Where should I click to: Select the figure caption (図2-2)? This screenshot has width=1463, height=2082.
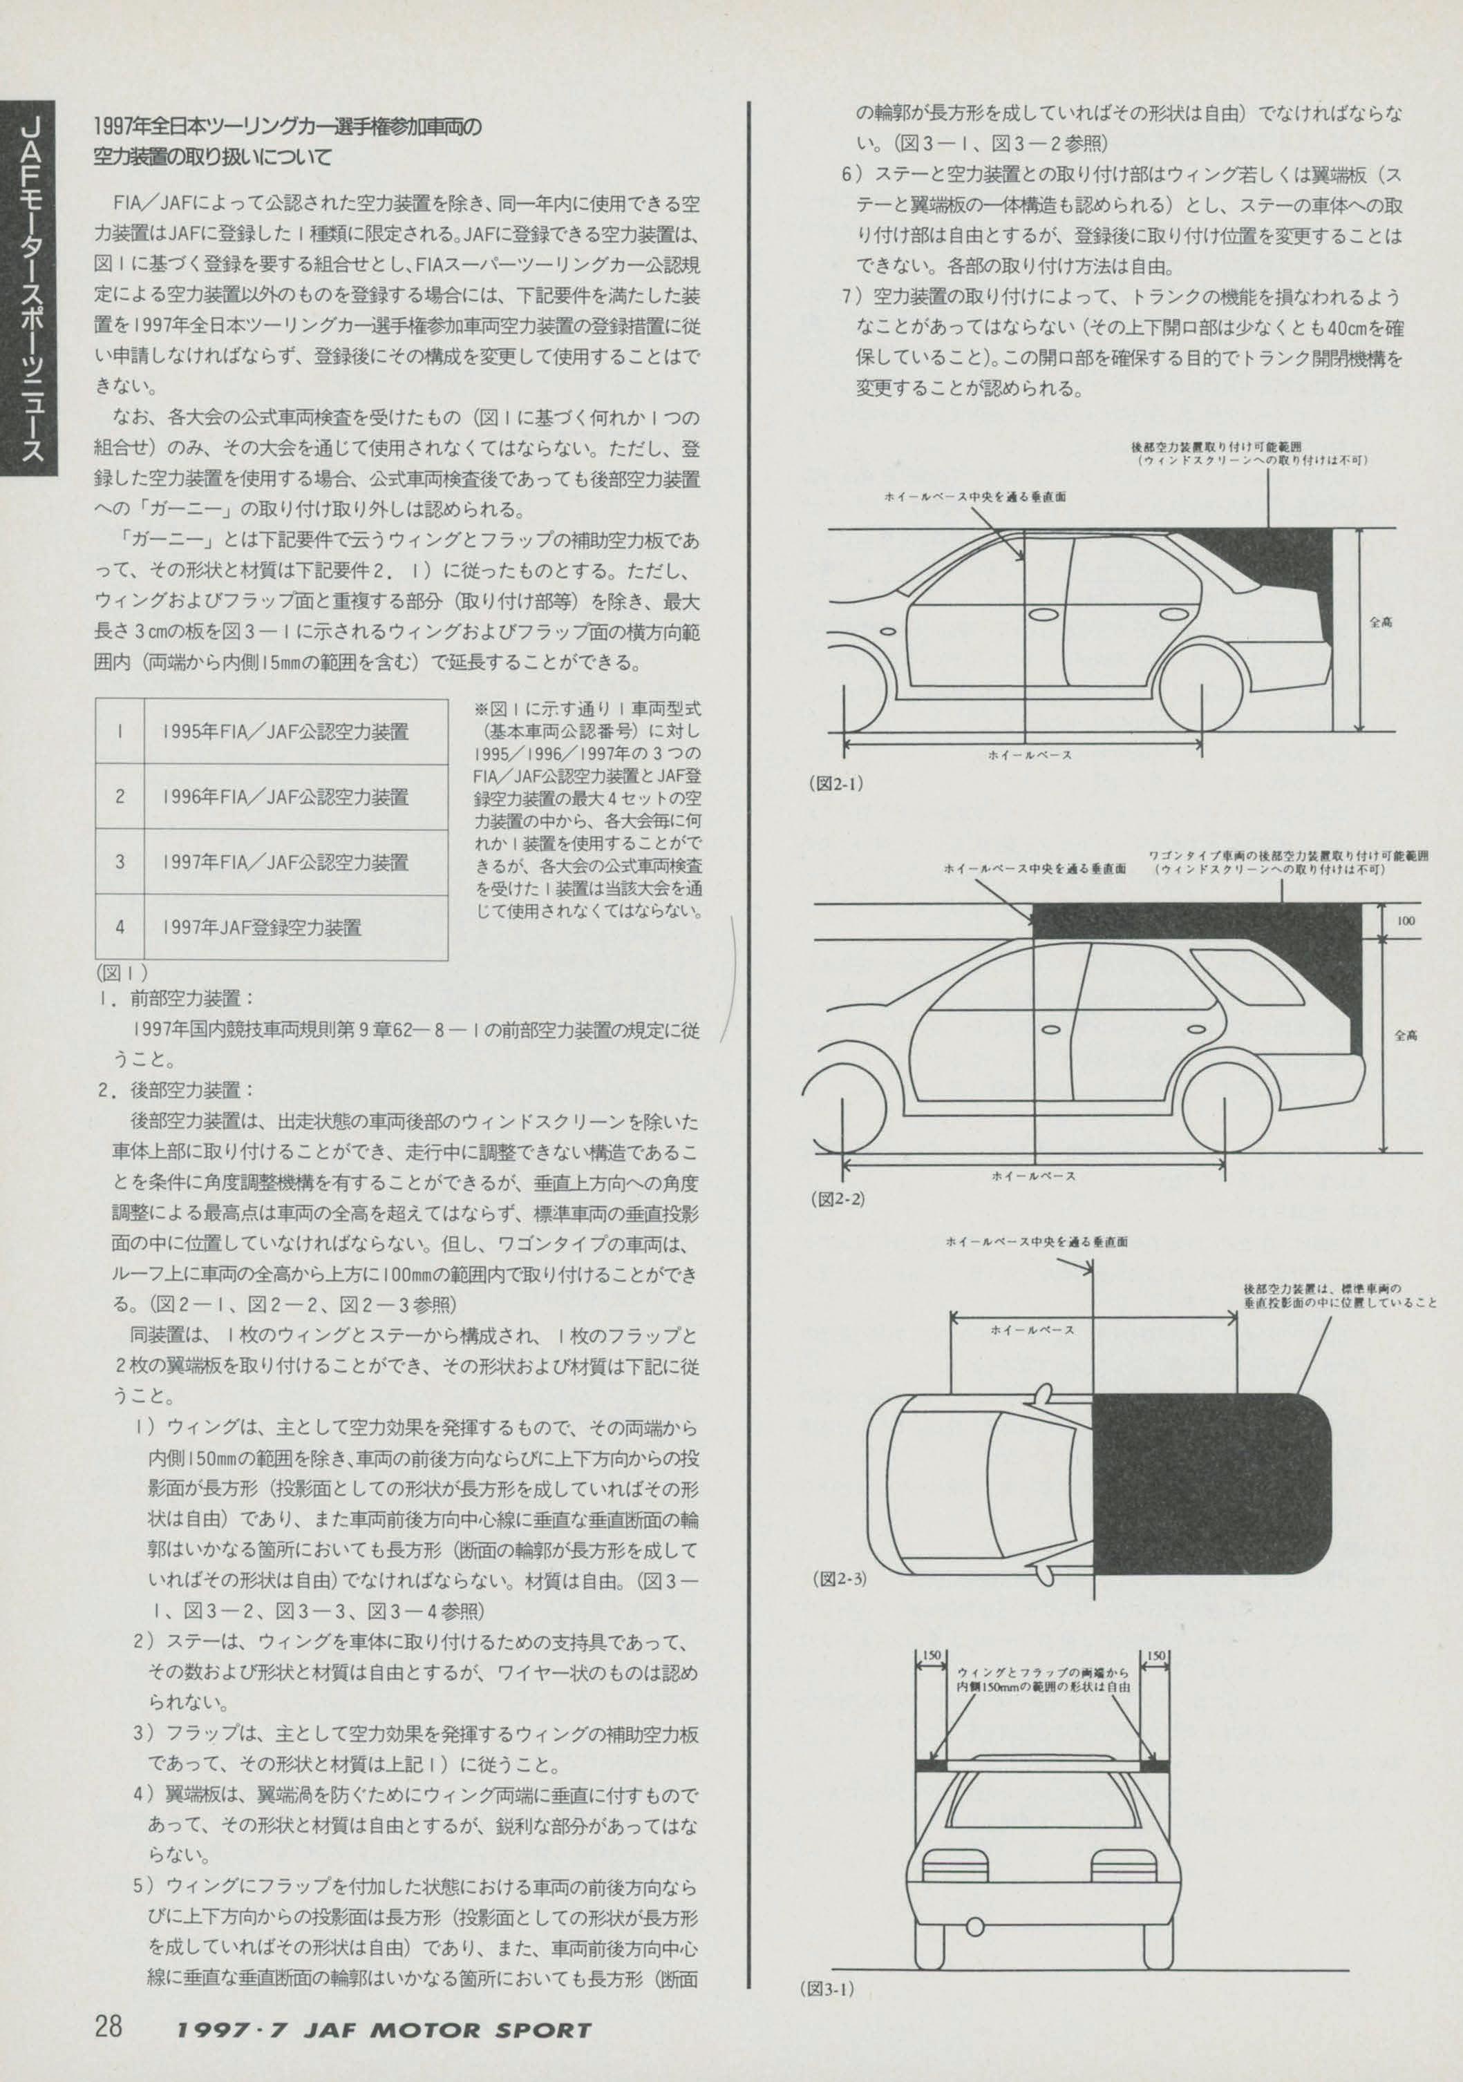[836, 1198]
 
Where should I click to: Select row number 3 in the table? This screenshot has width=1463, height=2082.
[120, 861]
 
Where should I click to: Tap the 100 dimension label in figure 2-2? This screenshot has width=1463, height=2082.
[1405, 920]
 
